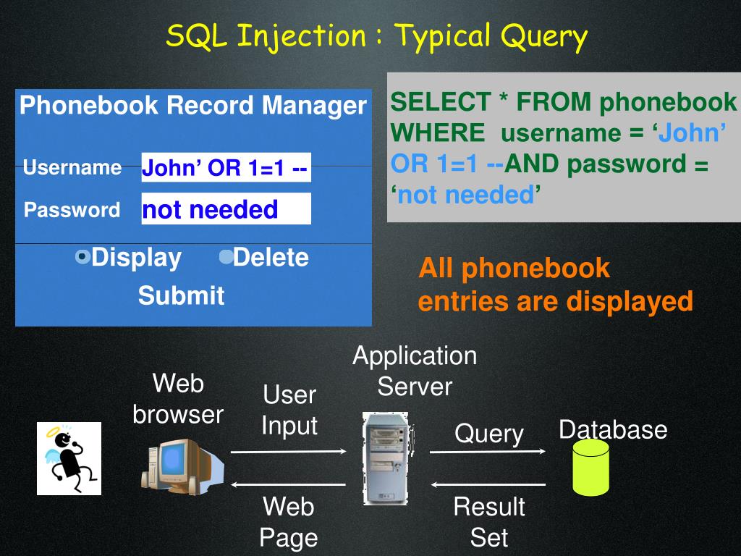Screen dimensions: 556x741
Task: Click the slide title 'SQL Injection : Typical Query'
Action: pyautogui.click(x=376, y=36)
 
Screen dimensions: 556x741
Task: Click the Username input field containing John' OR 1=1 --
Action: pyautogui.click(x=226, y=168)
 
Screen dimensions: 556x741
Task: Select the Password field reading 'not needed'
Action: pyautogui.click(x=226, y=209)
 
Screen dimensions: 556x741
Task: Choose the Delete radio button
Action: pyautogui.click(x=226, y=256)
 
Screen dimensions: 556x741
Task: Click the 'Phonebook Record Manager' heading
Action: pyautogui.click(x=193, y=106)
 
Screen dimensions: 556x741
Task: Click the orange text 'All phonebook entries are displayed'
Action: pyautogui.click(x=555, y=285)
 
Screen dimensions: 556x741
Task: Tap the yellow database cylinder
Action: pyautogui.click(x=590, y=467)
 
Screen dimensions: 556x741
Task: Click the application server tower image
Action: pyautogui.click(x=385, y=458)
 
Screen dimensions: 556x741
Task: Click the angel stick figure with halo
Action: pyautogui.click(x=69, y=458)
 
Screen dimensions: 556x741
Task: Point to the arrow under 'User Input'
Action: pyautogui.click(x=288, y=452)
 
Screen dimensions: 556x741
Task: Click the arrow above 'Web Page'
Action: pyautogui.click(x=288, y=484)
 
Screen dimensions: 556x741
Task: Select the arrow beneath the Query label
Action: pyautogui.click(x=488, y=452)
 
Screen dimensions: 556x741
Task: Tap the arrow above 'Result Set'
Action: pyautogui.click(x=488, y=484)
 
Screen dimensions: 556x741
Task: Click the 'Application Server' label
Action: pyautogui.click(x=415, y=371)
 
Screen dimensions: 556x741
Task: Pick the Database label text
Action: pyautogui.click(x=612, y=429)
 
